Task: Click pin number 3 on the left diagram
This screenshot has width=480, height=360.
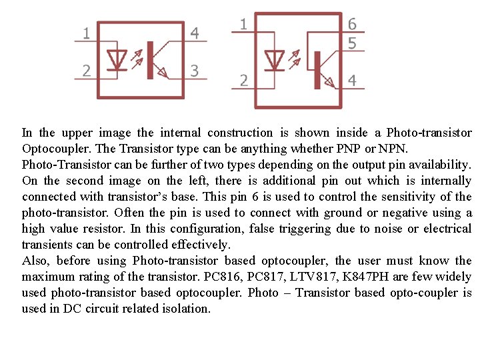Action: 195,70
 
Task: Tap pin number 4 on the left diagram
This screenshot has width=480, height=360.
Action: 195,32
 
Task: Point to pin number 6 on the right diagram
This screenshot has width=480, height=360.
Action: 352,24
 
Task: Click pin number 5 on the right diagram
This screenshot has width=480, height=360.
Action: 352,43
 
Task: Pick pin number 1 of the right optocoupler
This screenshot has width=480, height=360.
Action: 244,24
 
